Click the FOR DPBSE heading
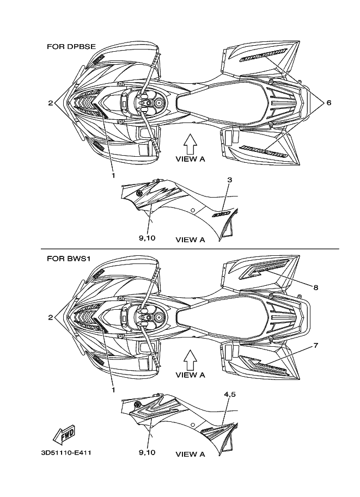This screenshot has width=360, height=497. [x=71, y=47]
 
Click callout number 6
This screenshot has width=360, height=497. [x=328, y=102]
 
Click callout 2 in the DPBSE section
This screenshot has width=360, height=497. [x=50, y=102]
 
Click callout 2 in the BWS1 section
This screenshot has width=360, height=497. [x=50, y=317]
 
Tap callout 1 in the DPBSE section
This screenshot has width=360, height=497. [x=114, y=175]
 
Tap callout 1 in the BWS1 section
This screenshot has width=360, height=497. [x=114, y=390]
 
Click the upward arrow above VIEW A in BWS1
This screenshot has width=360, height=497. [x=190, y=359]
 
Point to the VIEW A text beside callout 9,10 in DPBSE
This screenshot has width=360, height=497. [x=190, y=239]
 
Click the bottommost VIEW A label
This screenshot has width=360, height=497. [x=190, y=454]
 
